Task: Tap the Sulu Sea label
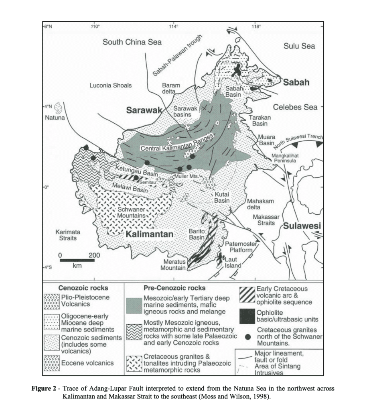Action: point(299,46)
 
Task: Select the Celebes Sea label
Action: point(295,107)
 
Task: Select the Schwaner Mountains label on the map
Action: point(130,212)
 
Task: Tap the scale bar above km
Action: point(77,260)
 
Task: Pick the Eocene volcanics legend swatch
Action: point(51,363)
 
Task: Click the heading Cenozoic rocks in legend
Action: point(83,288)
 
